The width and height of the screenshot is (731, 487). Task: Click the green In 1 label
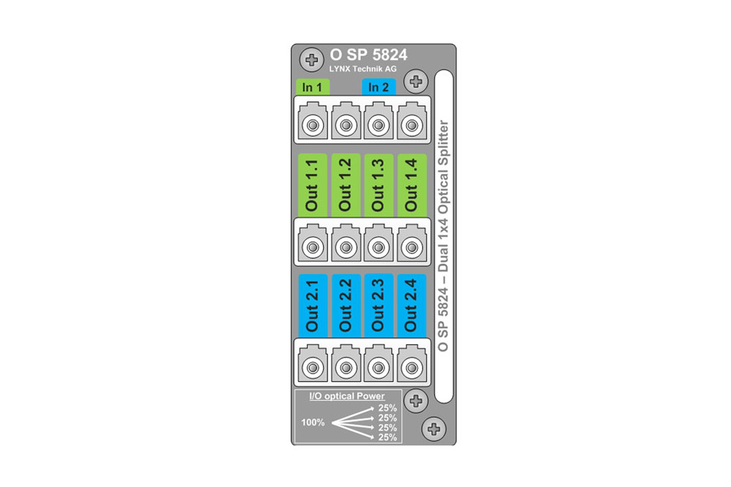coord(314,88)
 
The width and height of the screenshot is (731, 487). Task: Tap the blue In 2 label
coord(379,88)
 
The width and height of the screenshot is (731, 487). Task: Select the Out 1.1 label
coord(313,186)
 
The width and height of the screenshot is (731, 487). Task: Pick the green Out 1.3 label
coord(378,186)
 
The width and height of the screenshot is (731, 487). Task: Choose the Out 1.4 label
coord(411,186)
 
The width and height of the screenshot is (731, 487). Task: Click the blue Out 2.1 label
coord(313,306)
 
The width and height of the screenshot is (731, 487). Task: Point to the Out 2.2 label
coord(346,306)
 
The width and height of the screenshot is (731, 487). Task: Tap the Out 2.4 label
coord(411,306)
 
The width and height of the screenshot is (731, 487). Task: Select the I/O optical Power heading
coord(347,396)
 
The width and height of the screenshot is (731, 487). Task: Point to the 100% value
coord(314,422)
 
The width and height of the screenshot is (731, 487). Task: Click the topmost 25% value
coord(387,409)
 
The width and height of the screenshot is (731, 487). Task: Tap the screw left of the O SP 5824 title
coord(312,58)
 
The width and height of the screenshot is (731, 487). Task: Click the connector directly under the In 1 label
coord(313,127)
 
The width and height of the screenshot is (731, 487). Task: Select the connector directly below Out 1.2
coord(346,247)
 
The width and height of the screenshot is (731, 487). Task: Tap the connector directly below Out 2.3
coord(378,367)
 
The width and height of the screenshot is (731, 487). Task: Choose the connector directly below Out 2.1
coord(313,367)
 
